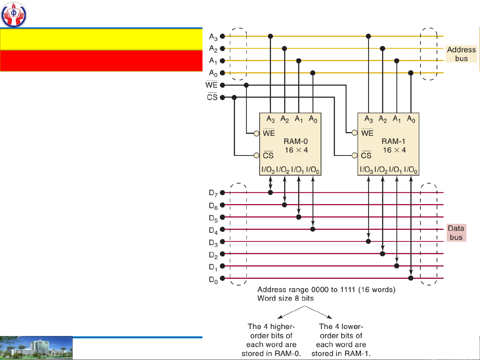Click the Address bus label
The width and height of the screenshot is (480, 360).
tap(461, 54)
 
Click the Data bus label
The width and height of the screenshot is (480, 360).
tap(456, 232)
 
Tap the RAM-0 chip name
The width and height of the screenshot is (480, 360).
tap(295, 141)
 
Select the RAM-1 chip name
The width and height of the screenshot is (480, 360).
tap(393, 141)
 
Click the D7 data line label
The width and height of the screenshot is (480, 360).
tap(213, 193)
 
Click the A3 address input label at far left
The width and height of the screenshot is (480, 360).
tap(213, 37)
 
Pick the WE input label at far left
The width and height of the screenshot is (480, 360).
tap(212, 85)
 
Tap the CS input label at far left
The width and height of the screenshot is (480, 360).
tap(212, 97)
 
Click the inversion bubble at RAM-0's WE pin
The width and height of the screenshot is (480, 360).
tap(256, 133)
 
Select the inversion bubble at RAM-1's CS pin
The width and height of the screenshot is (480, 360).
tap(355, 155)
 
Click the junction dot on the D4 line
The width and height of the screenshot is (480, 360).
tap(312, 229)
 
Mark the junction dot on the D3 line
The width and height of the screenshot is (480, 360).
tap(368, 241)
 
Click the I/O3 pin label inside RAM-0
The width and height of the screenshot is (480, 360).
tap(268, 170)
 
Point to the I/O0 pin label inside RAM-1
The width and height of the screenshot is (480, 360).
tap(410, 170)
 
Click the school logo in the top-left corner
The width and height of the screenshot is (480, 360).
tap(14, 15)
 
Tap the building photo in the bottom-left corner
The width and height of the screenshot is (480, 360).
tap(36, 348)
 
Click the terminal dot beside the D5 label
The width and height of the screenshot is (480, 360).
tap(223, 217)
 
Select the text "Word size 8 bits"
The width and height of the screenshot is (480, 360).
tap(285, 298)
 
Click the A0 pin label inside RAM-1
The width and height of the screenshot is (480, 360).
tap(411, 119)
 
